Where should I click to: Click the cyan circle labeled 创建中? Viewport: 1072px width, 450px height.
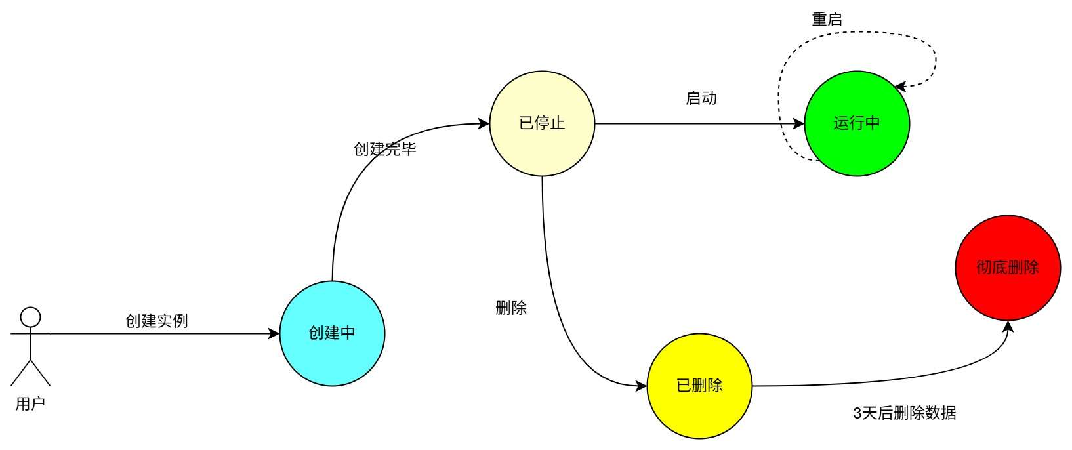[x=332, y=333]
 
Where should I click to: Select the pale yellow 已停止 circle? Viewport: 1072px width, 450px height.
[x=542, y=123]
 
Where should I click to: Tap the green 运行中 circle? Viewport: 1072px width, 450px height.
[x=857, y=123]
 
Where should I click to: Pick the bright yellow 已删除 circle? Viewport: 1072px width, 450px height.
[x=699, y=386]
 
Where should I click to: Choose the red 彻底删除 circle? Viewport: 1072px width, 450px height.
[x=1008, y=268]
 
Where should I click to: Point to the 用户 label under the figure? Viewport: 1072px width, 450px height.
[x=30, y=404]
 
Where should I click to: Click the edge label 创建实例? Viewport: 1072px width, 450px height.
[x=157, y=321]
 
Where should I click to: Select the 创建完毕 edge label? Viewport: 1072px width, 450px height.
[x=385, y=150]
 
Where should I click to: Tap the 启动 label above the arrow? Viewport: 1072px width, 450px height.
[x=701, y=98]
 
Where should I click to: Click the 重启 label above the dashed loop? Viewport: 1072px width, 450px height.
[x=827, y=20]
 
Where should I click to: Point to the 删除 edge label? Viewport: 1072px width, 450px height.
[x=511, y=308]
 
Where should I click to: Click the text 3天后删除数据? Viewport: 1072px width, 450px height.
[x=904, y=413]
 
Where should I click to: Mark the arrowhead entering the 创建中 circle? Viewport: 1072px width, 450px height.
[x=274, y=333]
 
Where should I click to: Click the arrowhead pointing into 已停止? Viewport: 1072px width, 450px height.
[x=484, y=123]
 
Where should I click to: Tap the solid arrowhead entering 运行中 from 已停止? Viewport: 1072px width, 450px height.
[x=799, y=123]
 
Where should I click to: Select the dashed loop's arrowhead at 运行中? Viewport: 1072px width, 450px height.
[x=900, y=86]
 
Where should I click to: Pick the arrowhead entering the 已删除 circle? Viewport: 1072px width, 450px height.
[x=642, y=386]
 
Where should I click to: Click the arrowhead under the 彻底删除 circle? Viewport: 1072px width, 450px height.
[x=1008, y=326]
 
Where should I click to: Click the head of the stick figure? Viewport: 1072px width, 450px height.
[x=30, y=317]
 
